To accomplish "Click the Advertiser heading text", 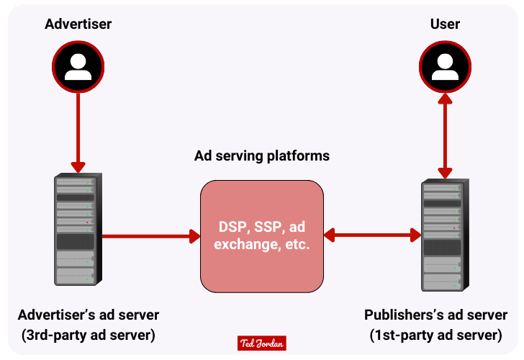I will tap(78, 24).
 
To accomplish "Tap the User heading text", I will tap(445, 24).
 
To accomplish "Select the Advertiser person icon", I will tap(78, 66).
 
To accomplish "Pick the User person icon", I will tap(446, 66).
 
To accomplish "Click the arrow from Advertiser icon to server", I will tap(78, 130).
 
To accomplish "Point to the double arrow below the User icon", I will tap(446, 137).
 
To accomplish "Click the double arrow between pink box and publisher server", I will tap(372, 235).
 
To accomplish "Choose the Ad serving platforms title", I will tap(262, 156).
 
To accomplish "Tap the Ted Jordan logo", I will tap(262, 344).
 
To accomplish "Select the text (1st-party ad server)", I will tap(435, 335).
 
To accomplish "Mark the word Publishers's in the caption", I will tap(403, 315).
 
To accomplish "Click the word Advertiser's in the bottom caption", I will tap(57, 315).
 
